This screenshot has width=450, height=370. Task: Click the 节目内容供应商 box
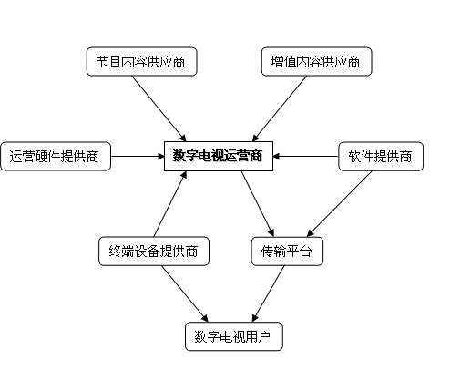pyautogui.click(x=142, y=61)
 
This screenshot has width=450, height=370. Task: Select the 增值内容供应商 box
pyautogui.click(x=316, y=61)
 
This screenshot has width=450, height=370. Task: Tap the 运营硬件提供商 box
pyautogui.click(x=56, y=156)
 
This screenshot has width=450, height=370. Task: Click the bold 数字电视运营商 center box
pyautogui.click(x=219, y=156)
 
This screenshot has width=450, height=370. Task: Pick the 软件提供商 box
pyautogui.click(x=381, y=156)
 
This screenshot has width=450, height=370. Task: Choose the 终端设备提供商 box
pyautogui.click(x=154, y=252)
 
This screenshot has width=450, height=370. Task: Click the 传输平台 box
pyautogui.click(x=287, y=252)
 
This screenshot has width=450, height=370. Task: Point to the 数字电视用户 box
pyautogui.click(x=234, y=336)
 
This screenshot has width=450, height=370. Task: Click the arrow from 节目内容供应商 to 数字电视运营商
pyautogui.click(x=159, y=108)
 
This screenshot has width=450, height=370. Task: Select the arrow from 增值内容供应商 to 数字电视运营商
pyautogui.click(x=280, y=108)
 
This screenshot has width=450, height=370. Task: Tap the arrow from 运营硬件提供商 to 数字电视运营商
pyautogui.click(x=138, y=157)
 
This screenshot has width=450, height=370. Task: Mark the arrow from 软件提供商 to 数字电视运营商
pyautogui.click(x=306, y=157)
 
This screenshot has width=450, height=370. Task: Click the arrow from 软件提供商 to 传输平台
pyautogui.click(x=340, y=204)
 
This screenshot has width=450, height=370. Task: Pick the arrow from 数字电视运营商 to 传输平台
pyautogui.click(x=258, y=204)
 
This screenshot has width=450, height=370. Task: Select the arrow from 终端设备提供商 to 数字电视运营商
pyautogui.click(x=170, y=204)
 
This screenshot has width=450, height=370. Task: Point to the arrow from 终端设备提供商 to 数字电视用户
pyautogui.click(x=185, y=293)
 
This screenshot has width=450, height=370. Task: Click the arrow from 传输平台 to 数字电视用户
pyautogui.click(x=269, y=293)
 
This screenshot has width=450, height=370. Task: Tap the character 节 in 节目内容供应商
pyautogui.click(x=103, y=62)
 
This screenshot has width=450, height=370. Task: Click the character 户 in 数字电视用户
pyautogui.click(x=264, y=337)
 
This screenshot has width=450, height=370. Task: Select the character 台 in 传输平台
pyautogui.click(x=306, y=252)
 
